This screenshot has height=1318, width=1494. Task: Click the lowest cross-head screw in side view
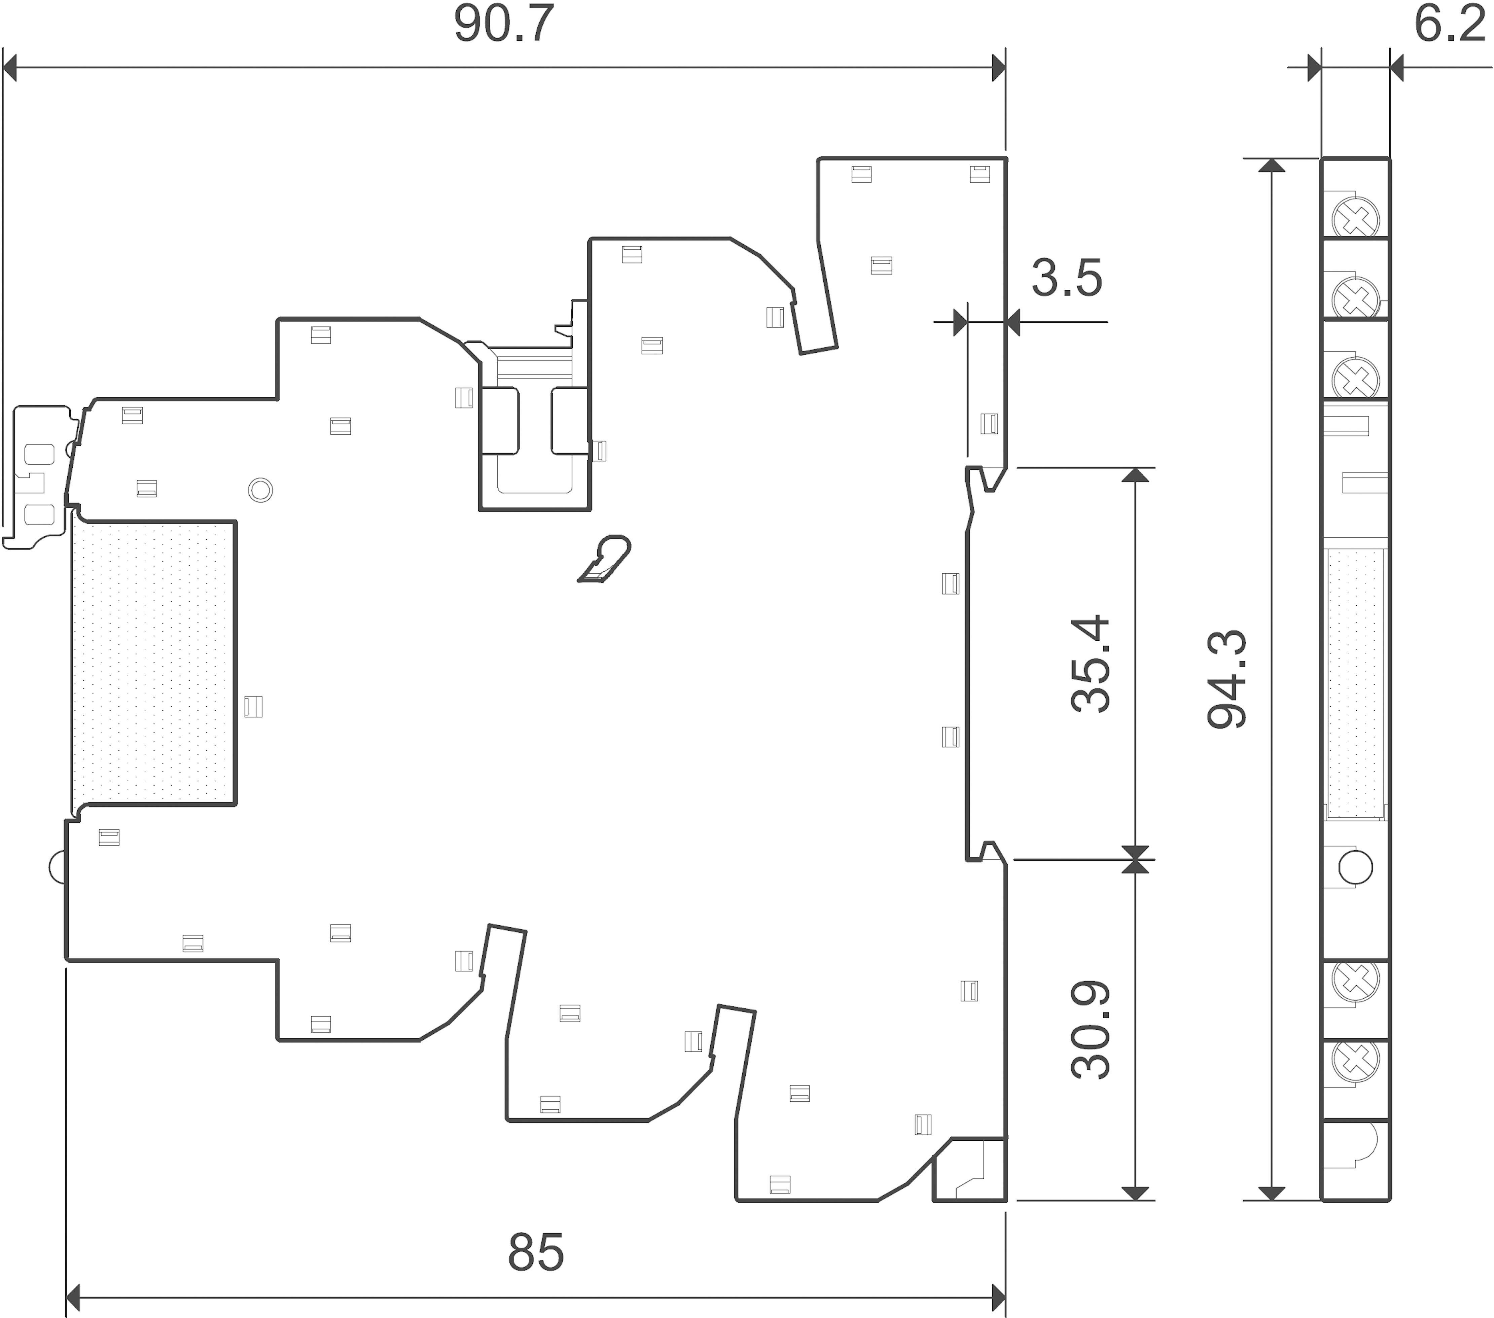(1356, 1059)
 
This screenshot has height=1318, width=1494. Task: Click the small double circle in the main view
(260, 490)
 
